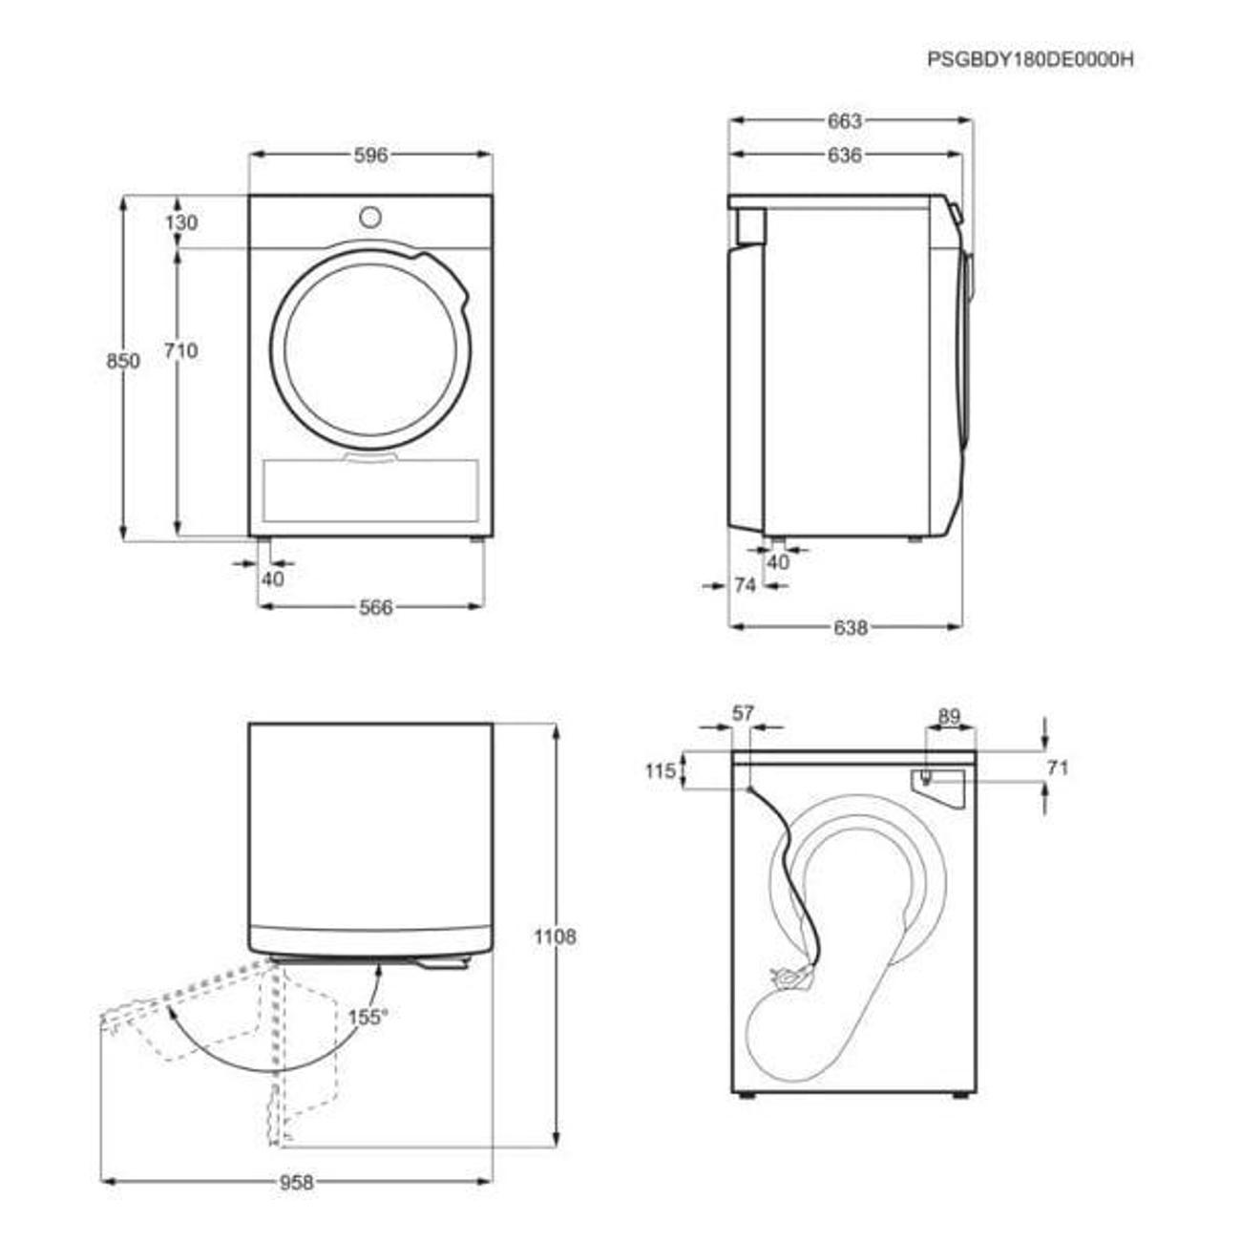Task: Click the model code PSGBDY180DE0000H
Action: tap(1030, 59)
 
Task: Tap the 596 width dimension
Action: tap(371, 156)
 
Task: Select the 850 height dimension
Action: tap(123, 361)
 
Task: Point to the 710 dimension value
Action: tap(181, 351)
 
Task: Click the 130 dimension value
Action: tap(181, 222)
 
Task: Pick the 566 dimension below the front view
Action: tap(375, 607)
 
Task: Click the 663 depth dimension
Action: tap(844, 121)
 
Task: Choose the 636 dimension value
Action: tap(844, 156)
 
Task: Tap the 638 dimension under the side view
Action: tap(851, 627)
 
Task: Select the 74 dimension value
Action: tap(746, 585)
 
